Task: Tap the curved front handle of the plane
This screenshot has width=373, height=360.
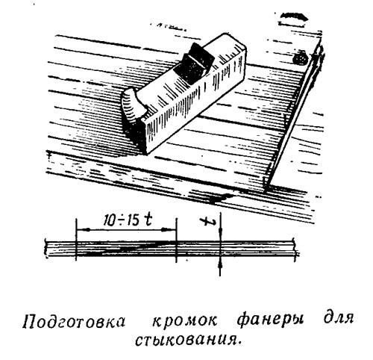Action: click(x=134, y=107)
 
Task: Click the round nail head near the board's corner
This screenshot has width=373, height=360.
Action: click(x=301, y=58)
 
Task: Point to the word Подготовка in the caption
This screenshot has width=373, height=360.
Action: click(x=74, y=321)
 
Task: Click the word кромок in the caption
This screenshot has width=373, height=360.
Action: click(x=184, y=321)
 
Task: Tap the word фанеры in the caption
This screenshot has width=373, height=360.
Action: click(x=270, y=321)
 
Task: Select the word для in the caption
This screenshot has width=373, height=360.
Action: click(x=339, y=319)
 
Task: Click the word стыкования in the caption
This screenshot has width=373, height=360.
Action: click(x=188, y=340)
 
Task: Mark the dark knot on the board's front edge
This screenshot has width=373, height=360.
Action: click(x=219, y=199)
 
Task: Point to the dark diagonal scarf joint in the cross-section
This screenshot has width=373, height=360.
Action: click(x=126, y=249)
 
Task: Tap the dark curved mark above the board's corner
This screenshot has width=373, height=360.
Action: click(x=294, y=17)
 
